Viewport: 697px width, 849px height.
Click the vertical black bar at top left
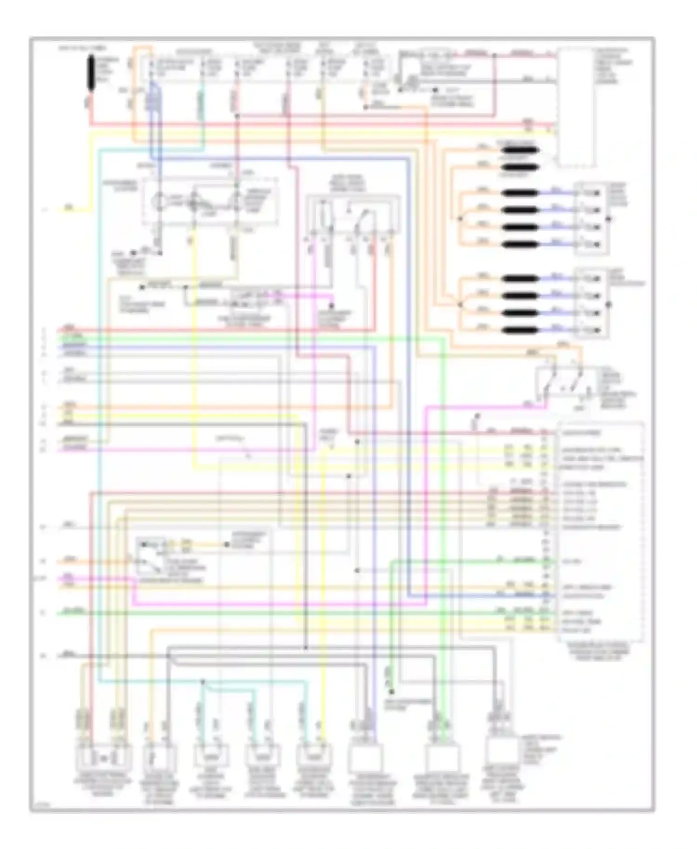[x=91, y=72]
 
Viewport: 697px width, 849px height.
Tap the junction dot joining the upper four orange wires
[x=460, y=218]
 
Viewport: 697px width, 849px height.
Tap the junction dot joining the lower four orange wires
[x=460, y=304]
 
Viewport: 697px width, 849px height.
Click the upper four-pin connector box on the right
[x=591, y=218]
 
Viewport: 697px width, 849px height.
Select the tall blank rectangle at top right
[x=576, y=107]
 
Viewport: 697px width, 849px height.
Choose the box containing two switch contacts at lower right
[x=565, y=382]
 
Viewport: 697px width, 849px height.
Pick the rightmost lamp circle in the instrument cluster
[x=237, y=202]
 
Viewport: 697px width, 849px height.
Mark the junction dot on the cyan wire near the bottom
[x=203, y=682]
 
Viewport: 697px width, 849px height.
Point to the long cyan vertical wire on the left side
[x=99, y=418]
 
